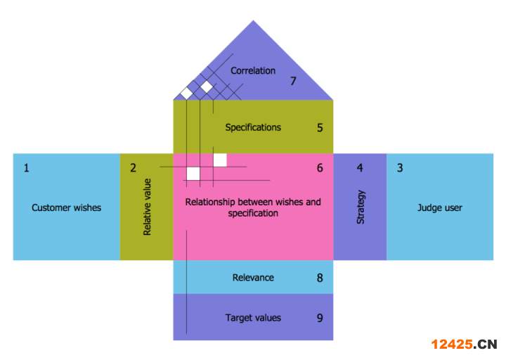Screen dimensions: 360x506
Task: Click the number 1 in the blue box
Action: (27, 168)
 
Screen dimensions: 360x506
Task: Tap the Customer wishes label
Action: (67, 207)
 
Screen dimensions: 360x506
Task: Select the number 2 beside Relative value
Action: (133, 168)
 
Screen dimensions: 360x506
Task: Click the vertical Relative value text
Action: (147, 207)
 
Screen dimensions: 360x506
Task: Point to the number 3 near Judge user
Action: (400, 168)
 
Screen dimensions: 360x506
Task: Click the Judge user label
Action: (439, 207)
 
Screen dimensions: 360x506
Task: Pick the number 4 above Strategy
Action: (360, 168)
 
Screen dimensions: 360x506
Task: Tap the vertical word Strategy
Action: (361, 207)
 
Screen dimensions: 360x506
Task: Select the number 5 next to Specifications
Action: (320, 128)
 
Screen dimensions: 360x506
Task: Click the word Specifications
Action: (253, 127)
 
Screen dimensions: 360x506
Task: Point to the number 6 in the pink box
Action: (320, 168)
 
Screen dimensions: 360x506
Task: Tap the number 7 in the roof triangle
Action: (293, 81)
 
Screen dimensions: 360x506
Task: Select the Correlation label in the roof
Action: (253, 70)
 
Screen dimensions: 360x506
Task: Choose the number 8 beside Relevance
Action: (320, 278)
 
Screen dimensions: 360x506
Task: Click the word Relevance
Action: (253, 278)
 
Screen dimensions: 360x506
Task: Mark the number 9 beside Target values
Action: (320, 318)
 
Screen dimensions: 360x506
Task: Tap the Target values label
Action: (253, 318)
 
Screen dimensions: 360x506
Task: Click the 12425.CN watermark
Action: (464, 344)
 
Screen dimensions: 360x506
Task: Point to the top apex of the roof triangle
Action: (253, 20)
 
